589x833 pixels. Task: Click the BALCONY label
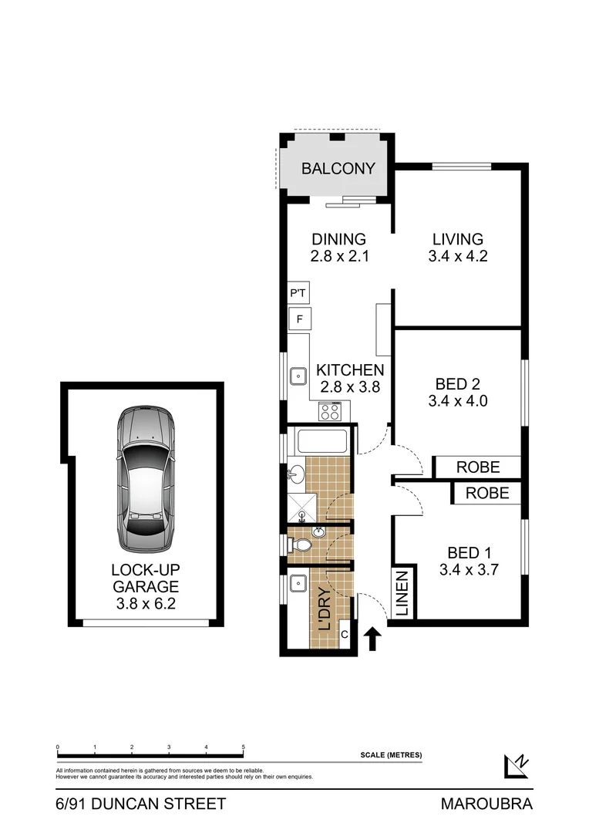338,168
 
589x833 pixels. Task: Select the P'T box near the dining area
298,294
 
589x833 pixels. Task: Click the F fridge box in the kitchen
298,319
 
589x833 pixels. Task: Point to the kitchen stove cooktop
330,412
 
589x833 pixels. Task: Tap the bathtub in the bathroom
324,442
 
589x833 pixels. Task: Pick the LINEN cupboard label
402,594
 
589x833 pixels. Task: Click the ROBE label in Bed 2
478,467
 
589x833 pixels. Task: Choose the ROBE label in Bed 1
487,493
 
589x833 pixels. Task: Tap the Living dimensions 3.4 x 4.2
457,256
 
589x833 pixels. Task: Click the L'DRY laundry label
325,611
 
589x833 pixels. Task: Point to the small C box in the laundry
345,634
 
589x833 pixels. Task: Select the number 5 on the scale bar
244,747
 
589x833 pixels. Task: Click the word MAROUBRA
486,804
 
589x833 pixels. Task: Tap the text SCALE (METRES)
391,755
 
